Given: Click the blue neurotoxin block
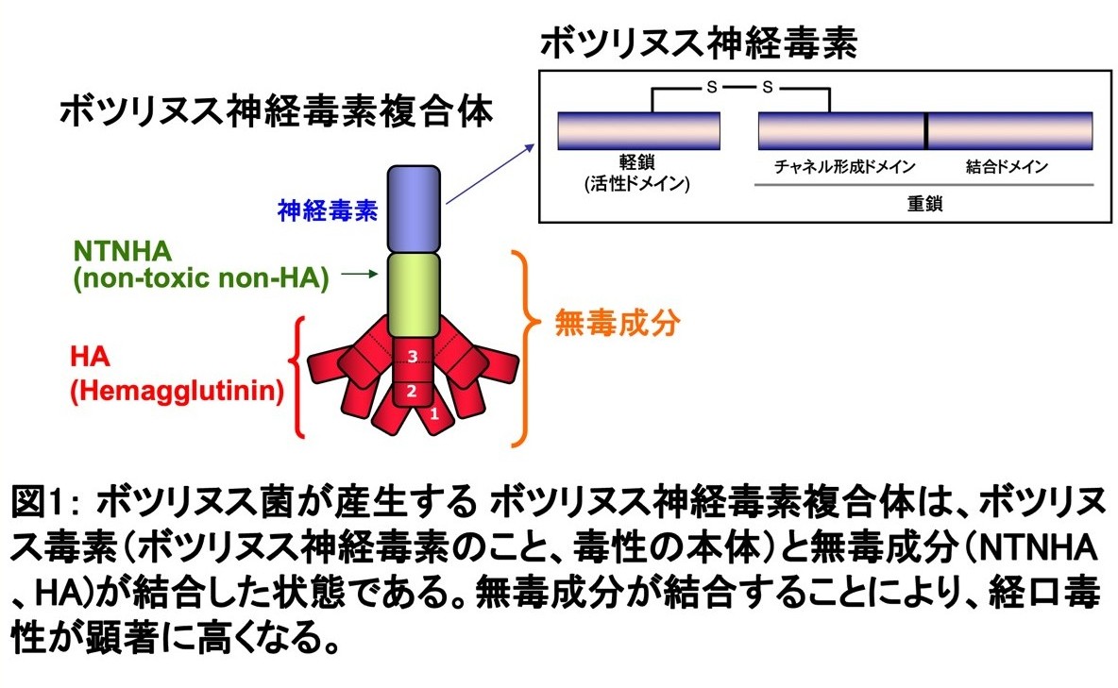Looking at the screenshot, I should click(414, 207).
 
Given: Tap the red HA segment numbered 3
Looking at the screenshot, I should click(412, 357).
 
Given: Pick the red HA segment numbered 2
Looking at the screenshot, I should click(412, 390).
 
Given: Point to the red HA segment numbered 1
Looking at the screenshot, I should click(433, 413).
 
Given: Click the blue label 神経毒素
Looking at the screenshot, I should click(324, 209).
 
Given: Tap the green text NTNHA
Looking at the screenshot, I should click(124, 252).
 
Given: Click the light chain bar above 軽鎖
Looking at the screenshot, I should click(638, 131).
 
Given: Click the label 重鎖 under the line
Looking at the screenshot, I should click(924, 203).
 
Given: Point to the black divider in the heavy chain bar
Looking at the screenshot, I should click(925, 131).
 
